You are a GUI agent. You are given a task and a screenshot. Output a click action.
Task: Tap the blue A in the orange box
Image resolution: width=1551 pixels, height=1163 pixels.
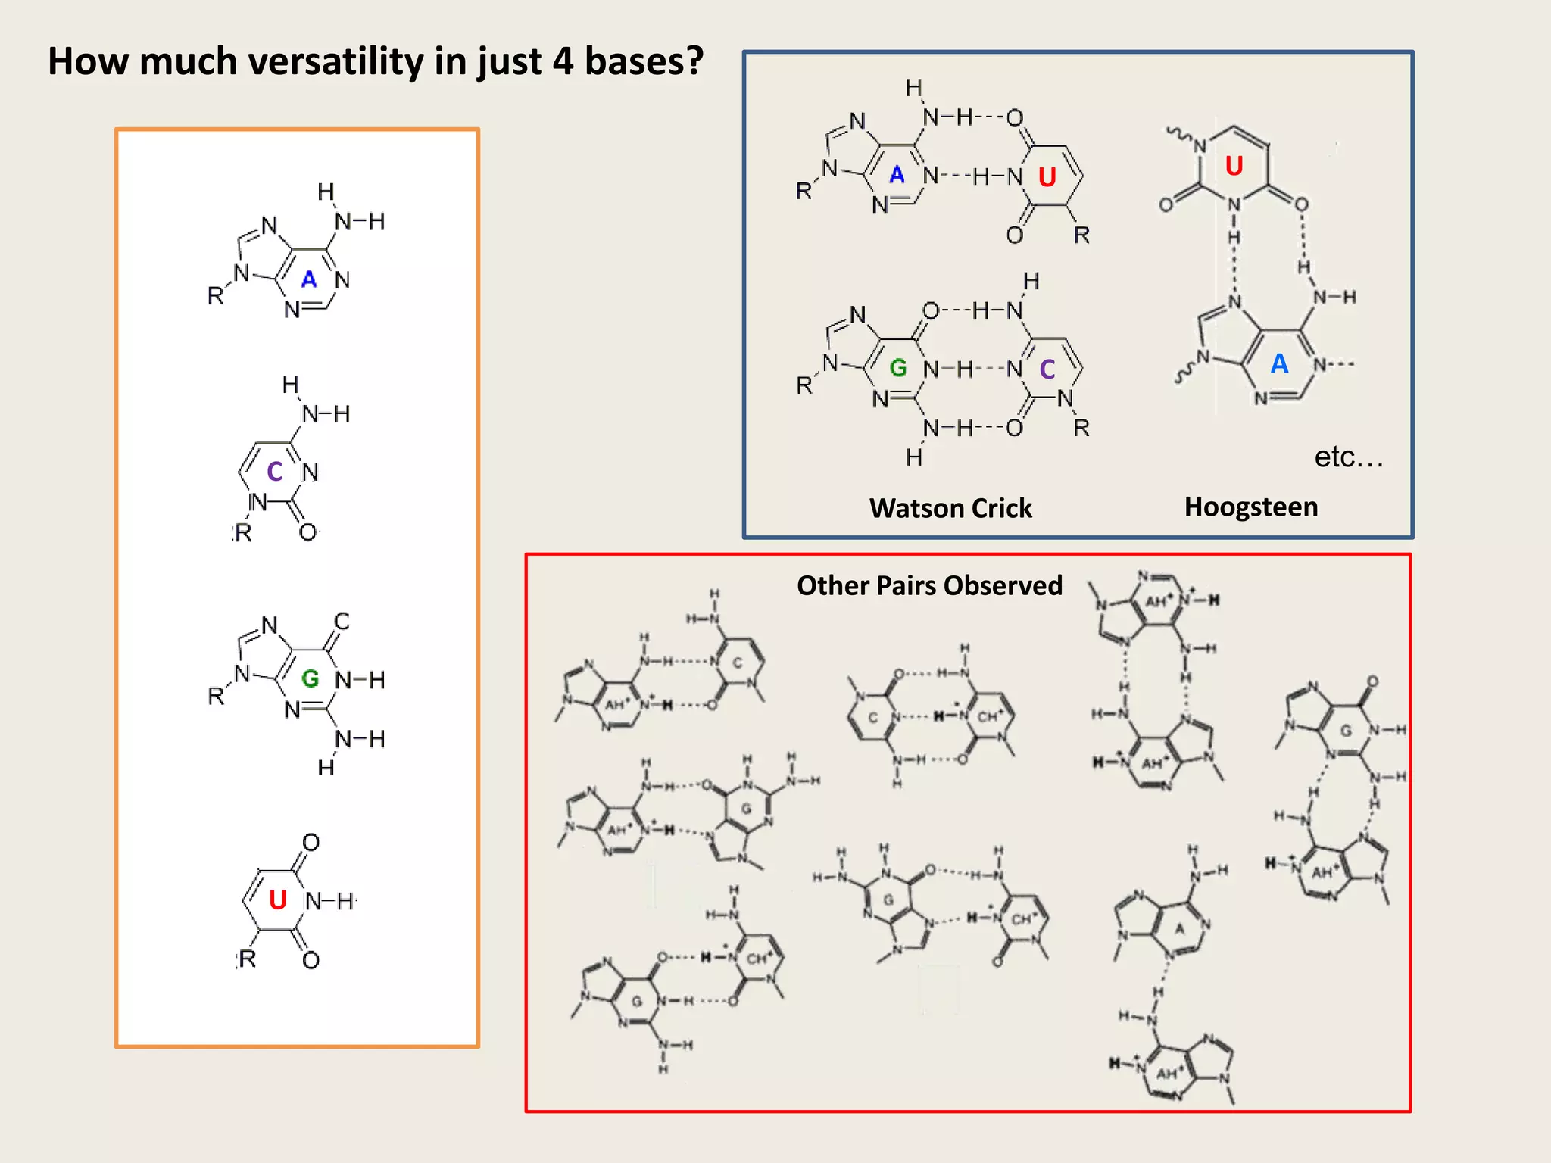[x=308, y=279]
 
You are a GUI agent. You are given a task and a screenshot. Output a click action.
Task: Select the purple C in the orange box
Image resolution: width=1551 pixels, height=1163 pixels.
[x=274, y=472]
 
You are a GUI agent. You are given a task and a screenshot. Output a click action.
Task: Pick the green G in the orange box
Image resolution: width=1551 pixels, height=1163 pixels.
[x=310, y=678]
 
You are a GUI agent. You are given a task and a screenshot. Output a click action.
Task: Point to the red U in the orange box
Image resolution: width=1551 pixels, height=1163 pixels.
[x=278, y=900]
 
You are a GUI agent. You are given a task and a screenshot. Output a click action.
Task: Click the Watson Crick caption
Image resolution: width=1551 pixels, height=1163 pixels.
[x=950, y=508]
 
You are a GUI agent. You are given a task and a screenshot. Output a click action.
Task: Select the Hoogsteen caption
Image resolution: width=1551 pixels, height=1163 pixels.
[x=1251, y=507]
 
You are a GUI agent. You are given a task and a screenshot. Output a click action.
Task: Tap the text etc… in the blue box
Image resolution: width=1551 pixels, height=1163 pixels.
[x=1349, y=457]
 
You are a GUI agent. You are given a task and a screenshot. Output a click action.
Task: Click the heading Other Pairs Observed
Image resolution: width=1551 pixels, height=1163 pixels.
[x=929, y=585]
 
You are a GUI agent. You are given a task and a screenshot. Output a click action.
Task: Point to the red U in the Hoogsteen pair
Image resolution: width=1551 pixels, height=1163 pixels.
[x=1234, y=166]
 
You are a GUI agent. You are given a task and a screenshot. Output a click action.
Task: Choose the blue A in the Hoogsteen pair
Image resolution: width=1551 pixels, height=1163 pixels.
[x=1279, y=363]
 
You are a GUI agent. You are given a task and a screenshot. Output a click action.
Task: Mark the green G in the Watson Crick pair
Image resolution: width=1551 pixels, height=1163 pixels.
[x=898, y=368]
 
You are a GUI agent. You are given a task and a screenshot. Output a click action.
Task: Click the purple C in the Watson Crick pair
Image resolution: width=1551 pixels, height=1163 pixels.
[x=1047, y=369]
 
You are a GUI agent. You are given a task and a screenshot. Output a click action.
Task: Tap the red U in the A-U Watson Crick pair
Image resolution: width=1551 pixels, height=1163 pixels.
[x=1047, y=177]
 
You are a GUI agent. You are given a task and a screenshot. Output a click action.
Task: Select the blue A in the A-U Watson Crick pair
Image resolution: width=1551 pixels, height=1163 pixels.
[x=897, y=175]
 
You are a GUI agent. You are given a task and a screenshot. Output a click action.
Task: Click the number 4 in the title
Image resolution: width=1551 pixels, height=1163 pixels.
[x=563, y=61]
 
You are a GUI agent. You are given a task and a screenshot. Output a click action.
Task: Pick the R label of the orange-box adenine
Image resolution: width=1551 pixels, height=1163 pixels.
[x=215, y=295]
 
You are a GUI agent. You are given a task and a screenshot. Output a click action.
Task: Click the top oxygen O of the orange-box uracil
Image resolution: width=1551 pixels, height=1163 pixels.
[x=311, y=843]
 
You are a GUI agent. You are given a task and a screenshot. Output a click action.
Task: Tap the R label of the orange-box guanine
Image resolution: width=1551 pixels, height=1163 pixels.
[x=216, y=695]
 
